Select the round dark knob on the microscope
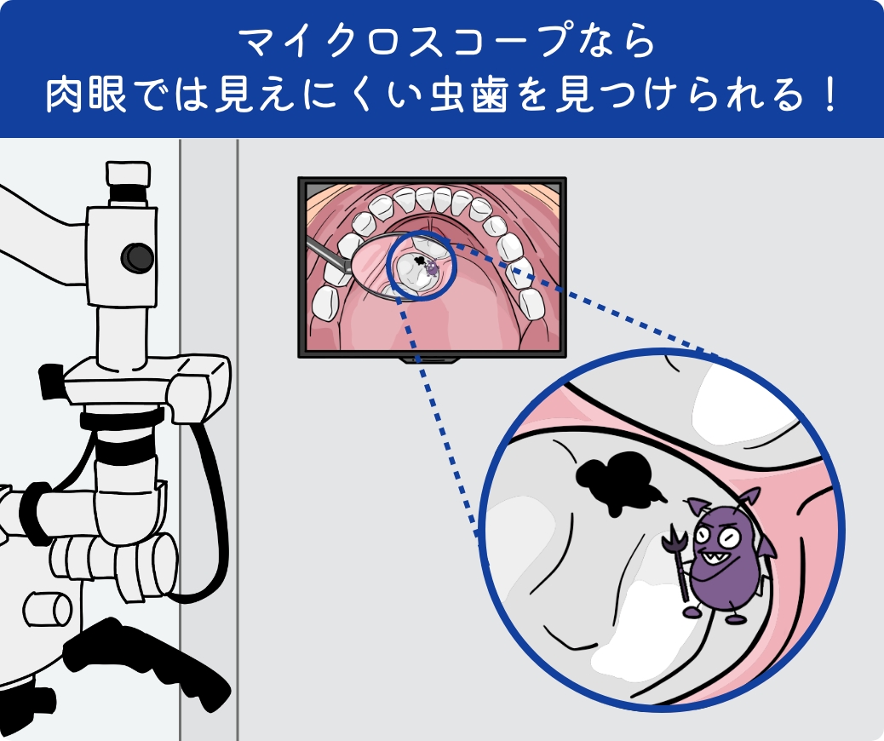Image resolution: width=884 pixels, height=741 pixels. click(x=136, y=255)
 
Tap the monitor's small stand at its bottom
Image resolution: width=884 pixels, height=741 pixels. click(x=431, y=361)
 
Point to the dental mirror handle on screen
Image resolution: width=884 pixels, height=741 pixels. click(x=324, y=252)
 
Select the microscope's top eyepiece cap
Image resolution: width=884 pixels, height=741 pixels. click(x=129, y=174)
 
